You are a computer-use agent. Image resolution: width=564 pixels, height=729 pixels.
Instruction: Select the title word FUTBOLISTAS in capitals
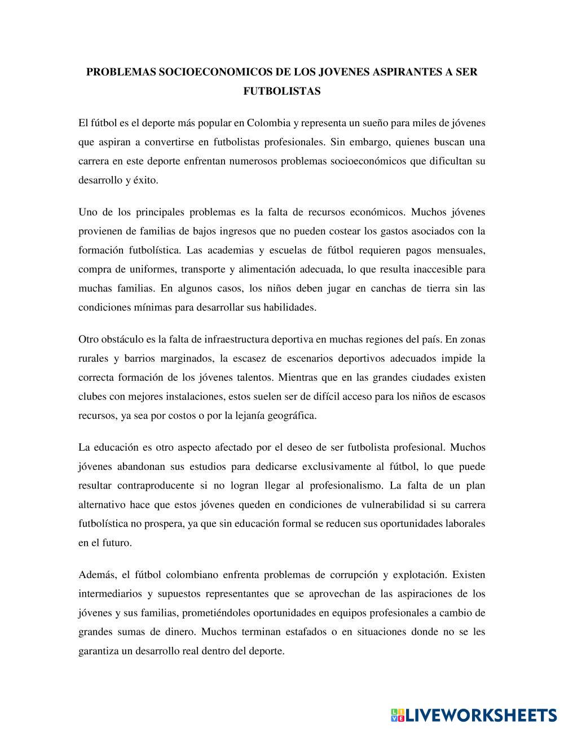[282, 91]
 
